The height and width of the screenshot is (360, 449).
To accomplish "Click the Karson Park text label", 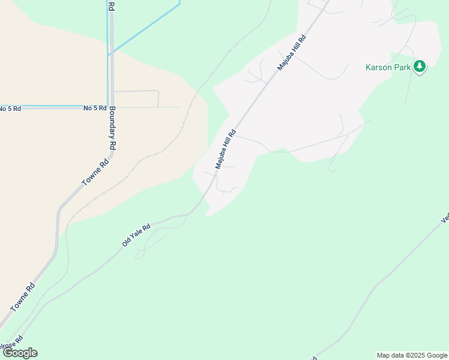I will [388, 67].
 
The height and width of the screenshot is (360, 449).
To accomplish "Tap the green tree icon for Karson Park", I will [420, 67].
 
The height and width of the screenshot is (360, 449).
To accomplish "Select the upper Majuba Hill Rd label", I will [292, 53].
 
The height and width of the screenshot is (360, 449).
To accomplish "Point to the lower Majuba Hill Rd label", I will [226, 149].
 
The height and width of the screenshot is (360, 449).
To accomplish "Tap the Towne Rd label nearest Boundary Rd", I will [95, 172].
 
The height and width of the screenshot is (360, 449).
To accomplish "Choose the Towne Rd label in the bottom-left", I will [23, 297].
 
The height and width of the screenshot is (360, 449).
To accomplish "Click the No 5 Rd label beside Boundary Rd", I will [94, 108].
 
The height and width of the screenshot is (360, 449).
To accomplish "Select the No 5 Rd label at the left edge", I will [10, 109].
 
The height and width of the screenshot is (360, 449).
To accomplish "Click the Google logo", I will [20, 353].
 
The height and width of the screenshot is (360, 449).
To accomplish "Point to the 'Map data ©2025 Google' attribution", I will [412, 355].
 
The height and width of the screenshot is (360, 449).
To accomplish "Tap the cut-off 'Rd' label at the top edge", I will [111, 5].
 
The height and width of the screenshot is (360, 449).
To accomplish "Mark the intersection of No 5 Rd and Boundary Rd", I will [109, 107].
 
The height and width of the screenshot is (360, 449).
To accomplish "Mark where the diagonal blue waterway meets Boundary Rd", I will [109, 55].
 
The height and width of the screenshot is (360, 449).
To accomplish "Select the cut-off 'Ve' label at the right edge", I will [445, 218].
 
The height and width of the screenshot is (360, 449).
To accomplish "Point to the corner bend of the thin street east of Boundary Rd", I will [157, 92].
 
